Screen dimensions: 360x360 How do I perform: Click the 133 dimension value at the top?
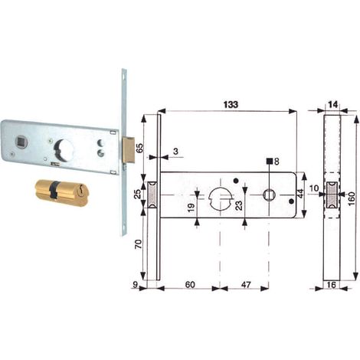click(x=231, y=104)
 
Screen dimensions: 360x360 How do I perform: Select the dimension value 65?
click(x=140, y=148)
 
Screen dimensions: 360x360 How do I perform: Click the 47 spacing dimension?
click(x=246, y=284)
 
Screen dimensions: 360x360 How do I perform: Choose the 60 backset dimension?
click(x=190, y=284)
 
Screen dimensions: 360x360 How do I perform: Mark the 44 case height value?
click(x=300, y=194)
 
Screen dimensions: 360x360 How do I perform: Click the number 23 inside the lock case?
click(x=239, y=205)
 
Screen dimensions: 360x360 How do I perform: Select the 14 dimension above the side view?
click(x=332, y=104)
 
